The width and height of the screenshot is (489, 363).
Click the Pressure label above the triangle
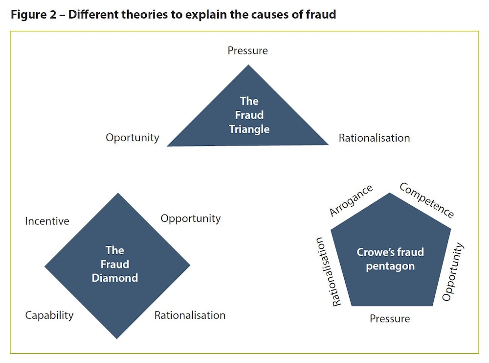coord(247,50)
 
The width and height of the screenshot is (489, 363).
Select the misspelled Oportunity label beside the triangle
coord(133,138)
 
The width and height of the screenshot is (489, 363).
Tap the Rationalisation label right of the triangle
coord(374,138)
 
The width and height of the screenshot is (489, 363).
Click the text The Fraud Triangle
coord(249,115)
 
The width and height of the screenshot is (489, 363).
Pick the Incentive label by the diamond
coord(47,221)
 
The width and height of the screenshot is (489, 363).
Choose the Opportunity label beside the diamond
coord(191,218)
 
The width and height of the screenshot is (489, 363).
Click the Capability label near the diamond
coord(49,315)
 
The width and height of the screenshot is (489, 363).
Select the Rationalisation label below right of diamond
coord(190,315)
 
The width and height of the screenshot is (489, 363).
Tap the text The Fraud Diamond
coord(115,264)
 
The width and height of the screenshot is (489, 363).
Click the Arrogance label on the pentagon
coord(351,200)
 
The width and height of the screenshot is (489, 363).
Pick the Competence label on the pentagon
coord(427,200)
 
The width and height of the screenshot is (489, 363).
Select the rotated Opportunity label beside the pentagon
coord(452,272)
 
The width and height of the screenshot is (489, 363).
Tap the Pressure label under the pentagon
coord(390,319)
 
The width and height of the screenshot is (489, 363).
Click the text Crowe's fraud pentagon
coord(390,259)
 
